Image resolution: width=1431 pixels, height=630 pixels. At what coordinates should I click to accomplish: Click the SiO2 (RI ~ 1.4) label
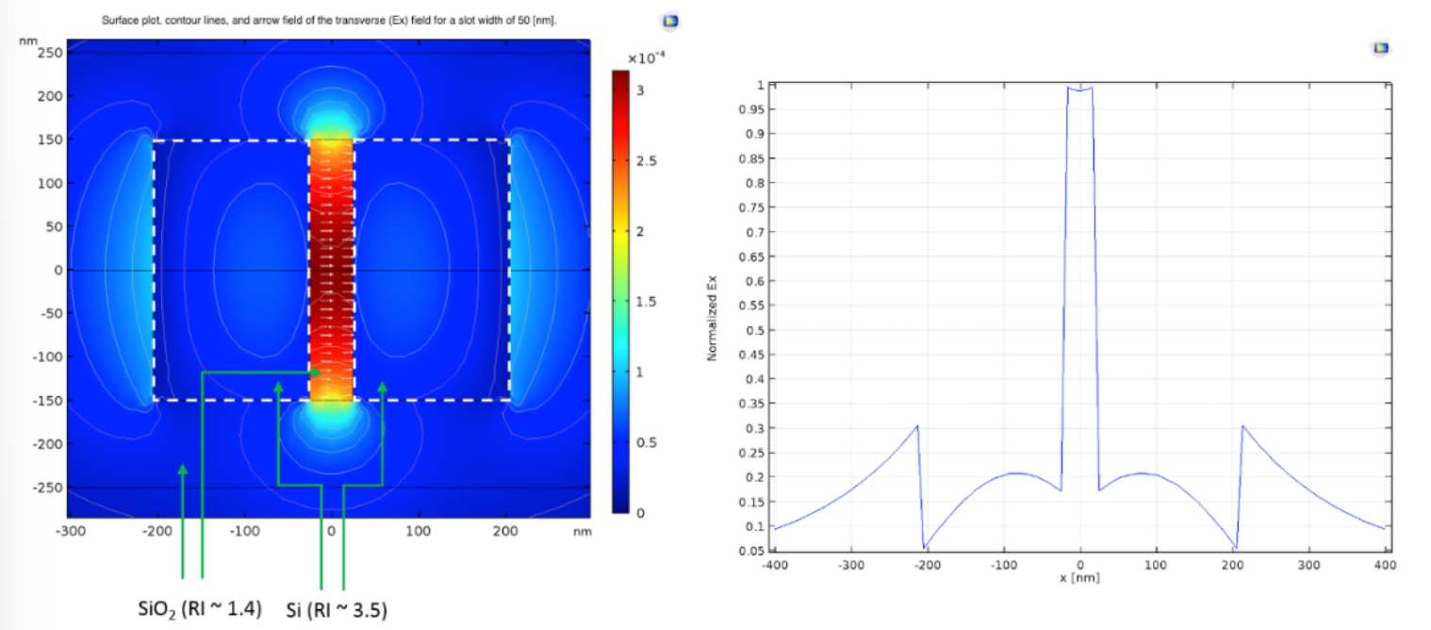point(200,605)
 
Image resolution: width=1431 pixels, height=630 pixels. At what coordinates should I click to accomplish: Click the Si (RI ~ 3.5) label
point(336,609)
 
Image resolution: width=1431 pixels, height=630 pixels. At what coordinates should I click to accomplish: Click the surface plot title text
point(329,19)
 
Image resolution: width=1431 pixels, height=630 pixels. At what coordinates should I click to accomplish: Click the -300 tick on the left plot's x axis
point(71,531)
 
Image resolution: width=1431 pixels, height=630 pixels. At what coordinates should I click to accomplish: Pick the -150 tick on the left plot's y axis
point(47,400)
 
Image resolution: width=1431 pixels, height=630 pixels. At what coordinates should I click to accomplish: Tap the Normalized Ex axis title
point(713,317)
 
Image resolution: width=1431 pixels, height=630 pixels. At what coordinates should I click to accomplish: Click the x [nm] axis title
point(1079,577)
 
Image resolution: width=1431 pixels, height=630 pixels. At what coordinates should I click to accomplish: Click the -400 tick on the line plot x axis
point(775,565)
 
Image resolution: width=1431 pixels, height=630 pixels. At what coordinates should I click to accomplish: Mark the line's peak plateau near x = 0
point(1079,89)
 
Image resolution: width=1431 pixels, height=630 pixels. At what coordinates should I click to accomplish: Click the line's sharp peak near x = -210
point(917,426)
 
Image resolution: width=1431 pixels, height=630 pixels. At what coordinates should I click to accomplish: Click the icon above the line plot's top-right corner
point(1381,47)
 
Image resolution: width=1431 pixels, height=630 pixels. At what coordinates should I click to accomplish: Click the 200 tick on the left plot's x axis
point(505,531)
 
